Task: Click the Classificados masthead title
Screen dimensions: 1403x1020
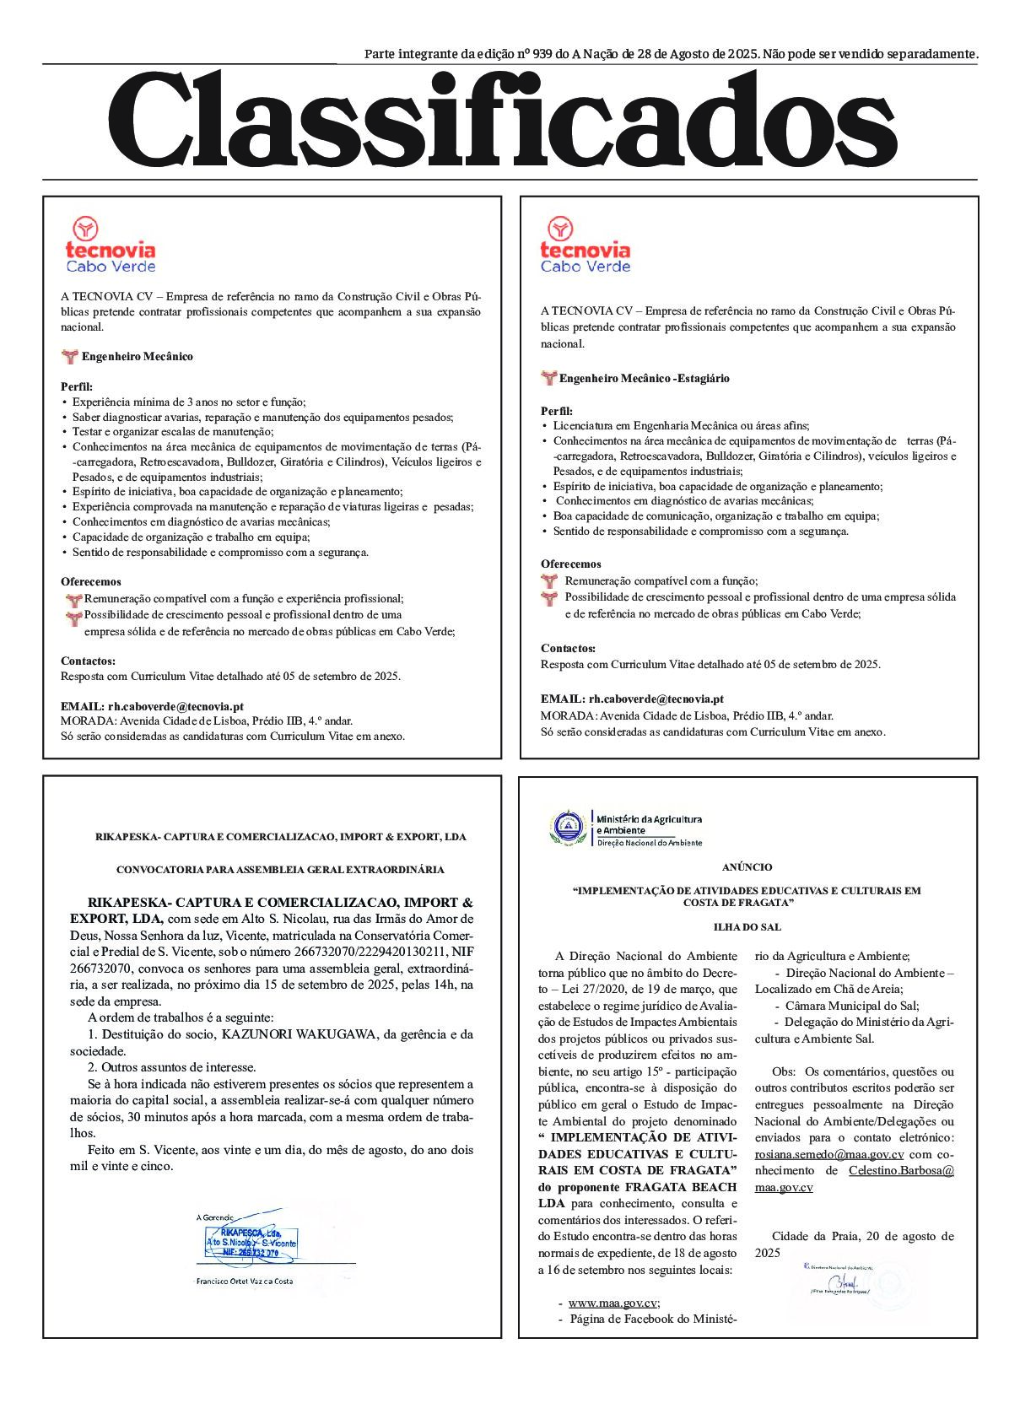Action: tap(503, 121)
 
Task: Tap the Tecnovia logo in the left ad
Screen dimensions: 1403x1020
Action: tap(110, 245)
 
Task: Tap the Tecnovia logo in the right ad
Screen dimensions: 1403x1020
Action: tap(585, 245)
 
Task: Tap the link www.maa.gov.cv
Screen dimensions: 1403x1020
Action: tap(613, 1303)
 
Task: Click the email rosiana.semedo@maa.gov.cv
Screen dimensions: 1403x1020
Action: tap(829, 1154)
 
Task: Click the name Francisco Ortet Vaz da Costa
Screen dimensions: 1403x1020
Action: tap(244, 1281)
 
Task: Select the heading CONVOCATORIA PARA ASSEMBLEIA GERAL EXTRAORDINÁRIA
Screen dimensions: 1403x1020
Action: tap(280, 869)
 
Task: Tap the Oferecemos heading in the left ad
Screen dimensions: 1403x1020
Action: tap(91, 581)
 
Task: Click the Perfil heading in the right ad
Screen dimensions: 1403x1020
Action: tap(556, 411)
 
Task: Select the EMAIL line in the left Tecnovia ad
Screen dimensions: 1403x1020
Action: tap(152, 706)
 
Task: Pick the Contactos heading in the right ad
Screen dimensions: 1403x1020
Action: tap(568, 648)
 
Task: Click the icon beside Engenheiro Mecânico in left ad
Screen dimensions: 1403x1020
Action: tap(70, 357)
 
